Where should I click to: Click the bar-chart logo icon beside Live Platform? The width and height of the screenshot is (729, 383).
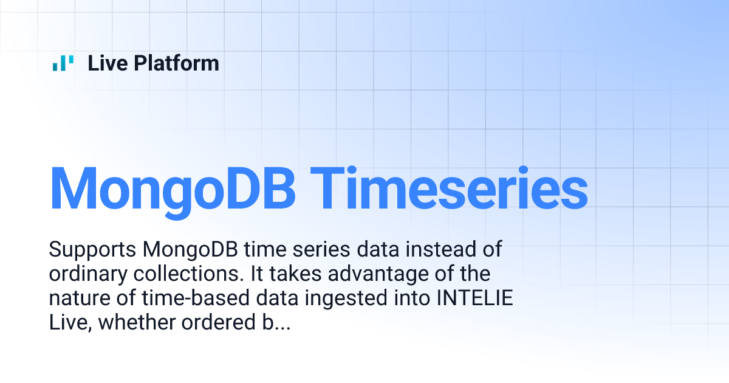click(63, 63)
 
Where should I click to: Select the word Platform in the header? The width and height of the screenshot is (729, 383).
click(177, 63)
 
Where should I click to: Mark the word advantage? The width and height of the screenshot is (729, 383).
click(382, 274)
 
